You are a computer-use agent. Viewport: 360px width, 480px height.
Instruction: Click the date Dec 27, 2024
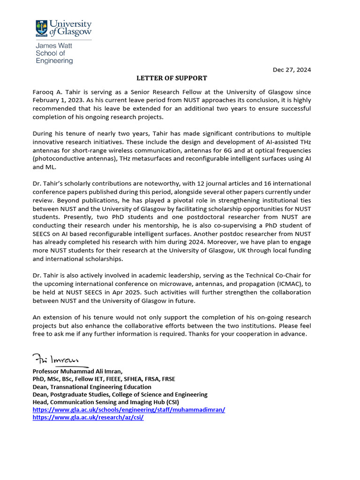tap(292, 70)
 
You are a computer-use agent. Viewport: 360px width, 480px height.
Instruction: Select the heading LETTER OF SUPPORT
tap(172, 78)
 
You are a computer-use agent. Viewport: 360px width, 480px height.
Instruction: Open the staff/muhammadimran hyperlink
tap(128, 409)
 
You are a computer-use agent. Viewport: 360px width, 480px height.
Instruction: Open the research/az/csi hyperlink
tap(88, 417)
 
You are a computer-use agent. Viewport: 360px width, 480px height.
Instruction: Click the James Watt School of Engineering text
tap(54, 53)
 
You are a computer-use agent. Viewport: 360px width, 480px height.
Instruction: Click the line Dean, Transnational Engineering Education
tap(92, 387)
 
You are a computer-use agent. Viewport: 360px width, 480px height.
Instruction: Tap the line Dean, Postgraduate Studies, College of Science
tap(120, 394)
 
